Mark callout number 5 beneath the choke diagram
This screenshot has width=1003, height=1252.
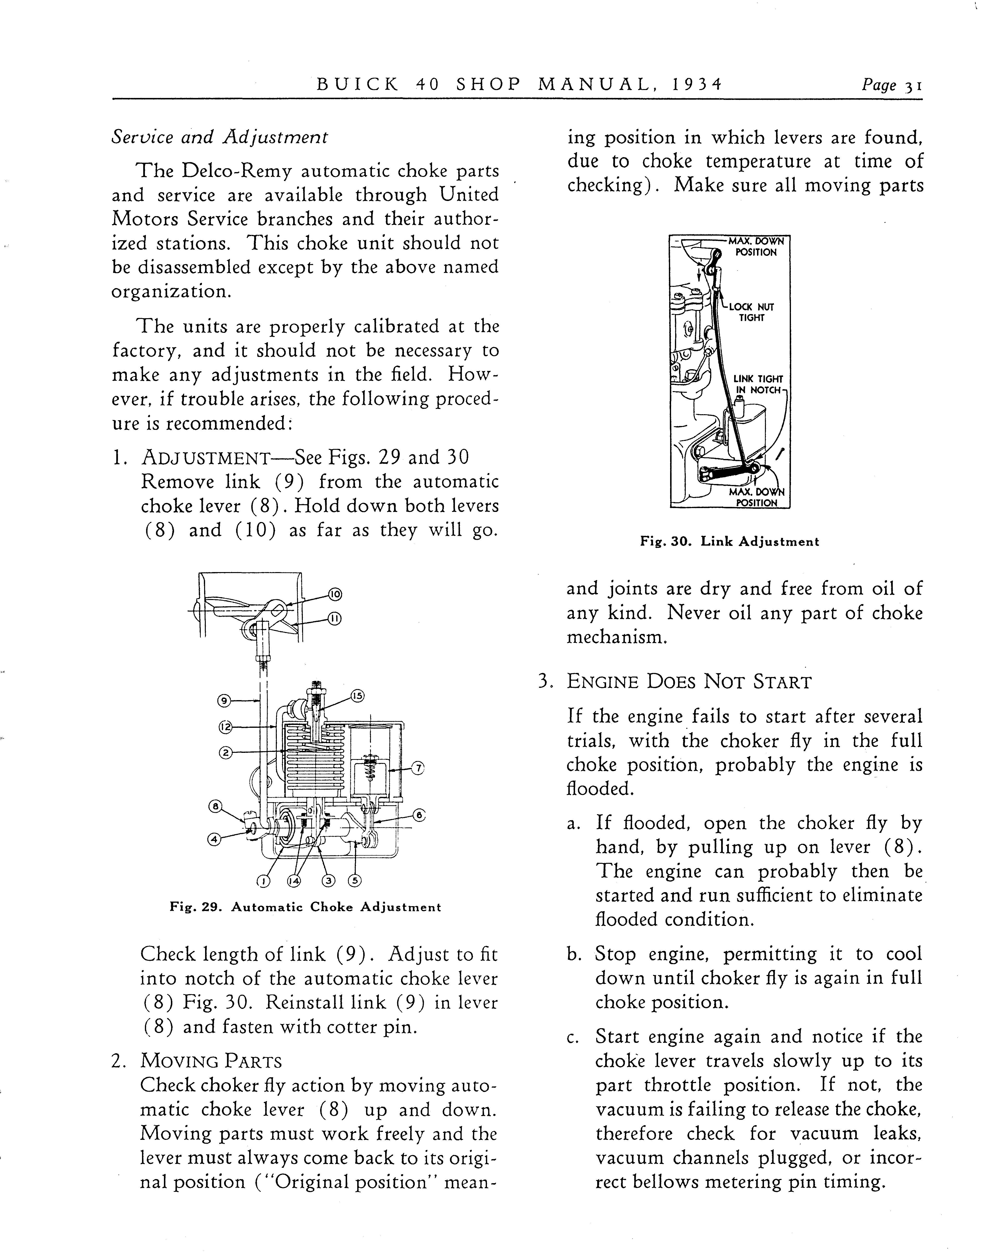(x=354, y=880)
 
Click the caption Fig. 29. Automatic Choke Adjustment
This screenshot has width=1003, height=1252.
(x=305, y=907)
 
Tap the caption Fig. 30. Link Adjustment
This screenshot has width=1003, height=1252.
(x=729, y=542)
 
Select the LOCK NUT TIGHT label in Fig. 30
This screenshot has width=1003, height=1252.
(x=751, y=312)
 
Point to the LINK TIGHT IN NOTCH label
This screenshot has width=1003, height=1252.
(x=758, y=384)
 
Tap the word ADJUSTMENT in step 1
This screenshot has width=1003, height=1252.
(x=205, y=458)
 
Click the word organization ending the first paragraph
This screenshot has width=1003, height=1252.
(x=171, y=291)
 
